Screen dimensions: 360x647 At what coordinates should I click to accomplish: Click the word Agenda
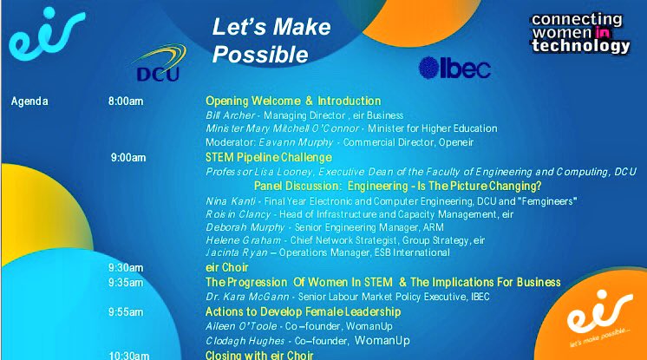click(29, 101)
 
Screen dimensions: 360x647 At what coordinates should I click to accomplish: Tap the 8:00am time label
click(126, 101)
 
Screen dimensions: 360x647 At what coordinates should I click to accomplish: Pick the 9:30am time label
click(126, 267)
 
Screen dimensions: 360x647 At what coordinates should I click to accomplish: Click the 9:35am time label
click(126, 282)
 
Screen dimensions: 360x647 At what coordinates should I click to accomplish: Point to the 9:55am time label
click(126, 311)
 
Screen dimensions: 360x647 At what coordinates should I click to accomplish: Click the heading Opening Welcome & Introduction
click(293, 101)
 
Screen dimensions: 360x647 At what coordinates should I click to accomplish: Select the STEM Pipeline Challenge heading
click(268, 158)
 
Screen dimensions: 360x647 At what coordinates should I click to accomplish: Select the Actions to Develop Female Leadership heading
click(303, 311)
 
